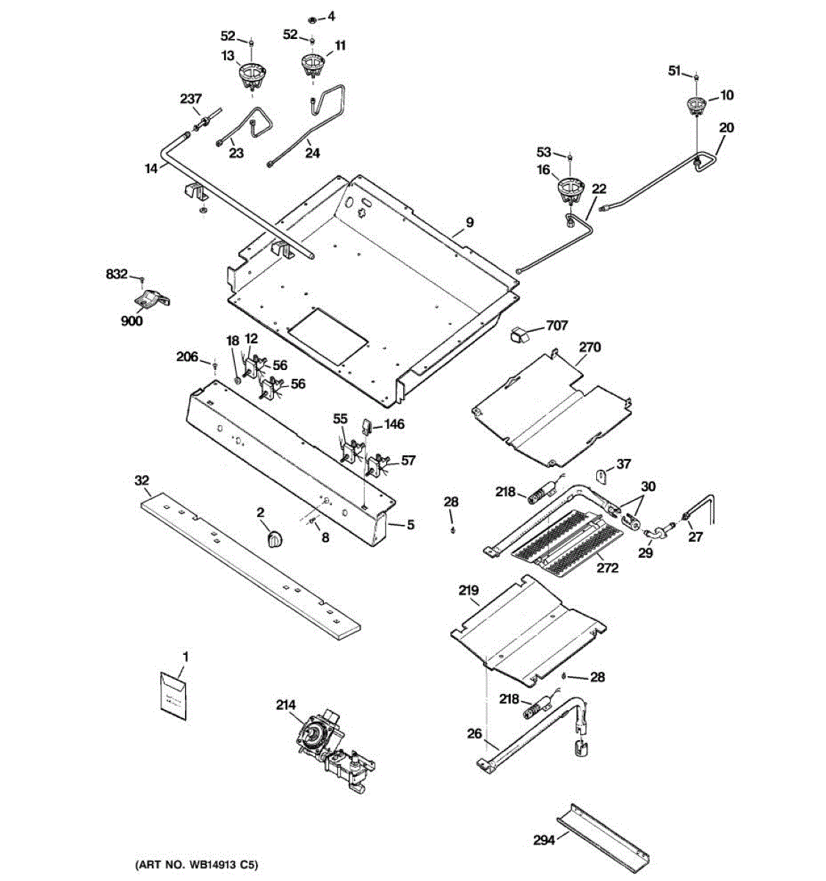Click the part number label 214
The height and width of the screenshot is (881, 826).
[286, 706]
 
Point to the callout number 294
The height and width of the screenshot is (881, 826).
[544, 840]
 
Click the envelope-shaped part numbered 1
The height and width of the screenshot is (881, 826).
[174, 693]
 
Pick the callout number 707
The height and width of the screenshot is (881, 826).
[557, 326]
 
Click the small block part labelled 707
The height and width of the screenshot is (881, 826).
[521, 336]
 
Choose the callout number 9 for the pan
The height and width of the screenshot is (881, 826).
[469, 222]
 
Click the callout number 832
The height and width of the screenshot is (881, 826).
[117, 274]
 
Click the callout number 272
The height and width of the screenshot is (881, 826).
[607, 568]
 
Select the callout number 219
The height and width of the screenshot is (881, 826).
[468, 590]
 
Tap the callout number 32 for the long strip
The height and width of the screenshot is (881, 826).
[142, 481]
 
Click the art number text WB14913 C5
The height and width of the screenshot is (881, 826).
[197, 865]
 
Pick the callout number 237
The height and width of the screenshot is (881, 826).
[192, 98]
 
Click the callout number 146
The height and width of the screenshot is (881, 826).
[394, 424]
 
